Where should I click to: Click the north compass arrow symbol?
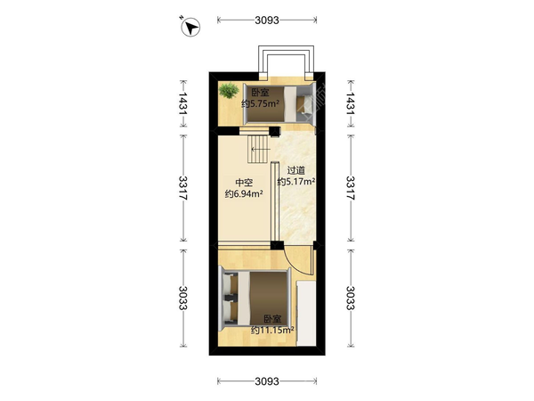tap(190, 27)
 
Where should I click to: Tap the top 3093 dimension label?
tap(267, 20)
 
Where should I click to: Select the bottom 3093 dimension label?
tap(267, 381)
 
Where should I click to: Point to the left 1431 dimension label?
tap(183, 103)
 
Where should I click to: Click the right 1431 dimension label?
tap(351, 103)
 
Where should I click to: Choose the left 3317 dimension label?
tap(183, 188)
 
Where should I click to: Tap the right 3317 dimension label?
tap(351, 188)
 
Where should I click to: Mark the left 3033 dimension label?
tap(183, 298)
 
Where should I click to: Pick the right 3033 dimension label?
tap(351, 298)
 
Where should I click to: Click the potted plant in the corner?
tap(229, 90)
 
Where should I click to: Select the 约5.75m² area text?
tap(261, 103)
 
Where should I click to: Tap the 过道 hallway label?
tap(296, 170)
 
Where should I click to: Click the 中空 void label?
tap(244, 183)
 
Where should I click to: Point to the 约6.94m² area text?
tap(244, 194)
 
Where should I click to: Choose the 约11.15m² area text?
tap(272, 330)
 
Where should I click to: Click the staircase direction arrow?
tap(261, 149)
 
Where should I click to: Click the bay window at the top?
tap(286, 60)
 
